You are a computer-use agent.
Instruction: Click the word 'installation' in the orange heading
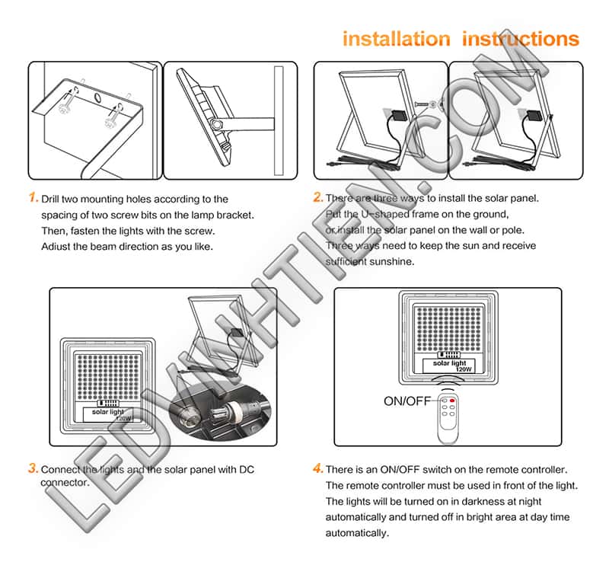[396, 39]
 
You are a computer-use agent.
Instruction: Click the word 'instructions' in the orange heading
[521, 39]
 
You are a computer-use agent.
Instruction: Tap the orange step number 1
[33, 198]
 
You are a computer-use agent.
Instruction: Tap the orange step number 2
[318, 198]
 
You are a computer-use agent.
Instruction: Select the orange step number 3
[33, 468]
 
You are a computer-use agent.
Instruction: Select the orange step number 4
[318, 468]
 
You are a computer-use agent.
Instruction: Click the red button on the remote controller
[452, 401]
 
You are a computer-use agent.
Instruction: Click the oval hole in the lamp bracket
[97, 99]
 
